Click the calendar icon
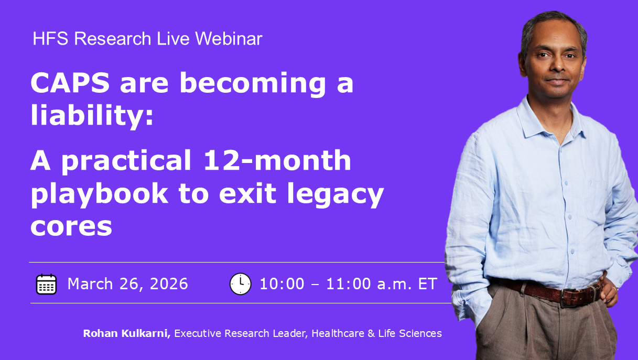[x=47, y=284]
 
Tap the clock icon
[x=241, y=284]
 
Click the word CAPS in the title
[x=70, y=83]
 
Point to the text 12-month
[x=277, y=160]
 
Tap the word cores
[x=71, y=226]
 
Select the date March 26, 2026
[x=127, y=284]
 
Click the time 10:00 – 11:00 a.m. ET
[x=348, y=284]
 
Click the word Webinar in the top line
[x=229, y=38]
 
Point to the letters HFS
[x=50, y=38]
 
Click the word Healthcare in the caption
[x=338, y=333]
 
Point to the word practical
[x=126, y=161]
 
